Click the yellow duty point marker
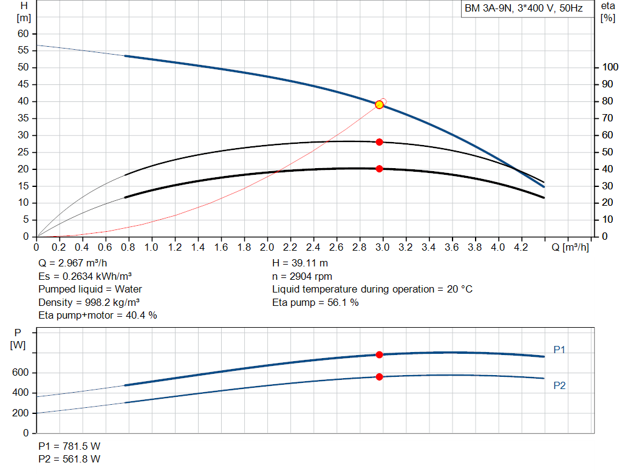pyautogui.click(x=380, y=104)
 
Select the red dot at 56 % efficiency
pyautogui.click(x=380, y=142)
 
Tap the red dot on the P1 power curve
pyautogui.click(x=380, y=354)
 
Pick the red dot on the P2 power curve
pyautogui.click(x=380, y=377)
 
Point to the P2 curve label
pyautogui.click(x=559, y=385)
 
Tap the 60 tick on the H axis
pyautogui.click(x=23, y=33)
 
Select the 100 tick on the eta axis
pyautogui.click(x=609, y=67)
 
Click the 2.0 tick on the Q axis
pyautogui.click(x=267, y=248)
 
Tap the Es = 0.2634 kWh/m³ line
pyautogui.click(x=85, y=276)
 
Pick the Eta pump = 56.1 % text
pyautogui.click(x=315, y=302)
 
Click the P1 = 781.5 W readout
pyautogui.click(x=69, y=446)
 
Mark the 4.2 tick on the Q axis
pyautogui.click(x=521, y=248)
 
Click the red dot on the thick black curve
pyautogui.click(x=380, y=169)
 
